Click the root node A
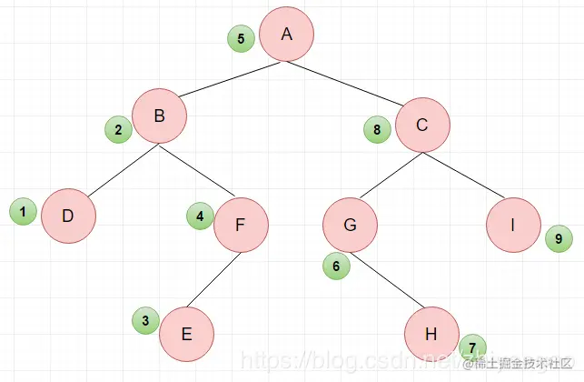coord(286,35)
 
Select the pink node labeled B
coord(159,116)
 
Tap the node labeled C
coord(422,126)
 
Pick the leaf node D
coord(68,216)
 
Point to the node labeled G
coord(350,225)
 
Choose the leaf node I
coord(513,225)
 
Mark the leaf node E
coord(186,334)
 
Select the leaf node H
coord(431,334)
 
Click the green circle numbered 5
coord(241,39)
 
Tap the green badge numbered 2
coord(118,130)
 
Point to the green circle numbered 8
coord(377,130)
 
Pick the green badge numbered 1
coord(23,212)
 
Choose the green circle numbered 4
coord(200,216)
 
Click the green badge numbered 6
coord(336,266)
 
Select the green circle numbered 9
coord(559,240)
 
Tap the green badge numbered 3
coord(145,320)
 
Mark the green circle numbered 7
coord(472,347)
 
